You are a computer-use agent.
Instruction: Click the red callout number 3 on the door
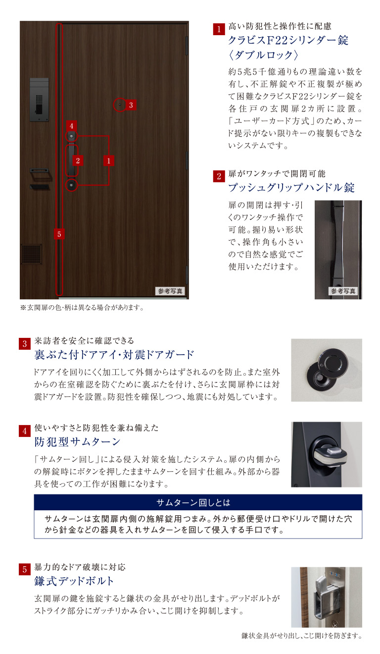click(x=130, y=105)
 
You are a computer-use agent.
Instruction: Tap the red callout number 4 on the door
click(x=71, y=126)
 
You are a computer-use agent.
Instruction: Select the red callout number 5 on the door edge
click(x=59, y=234)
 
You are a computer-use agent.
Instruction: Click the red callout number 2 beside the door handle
click(x=78, y=160)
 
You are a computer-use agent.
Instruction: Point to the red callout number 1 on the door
click(x=109, y=160)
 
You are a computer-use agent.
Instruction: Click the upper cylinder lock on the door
click(x=72, y=136)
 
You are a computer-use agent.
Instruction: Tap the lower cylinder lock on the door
click(x=72, y=185)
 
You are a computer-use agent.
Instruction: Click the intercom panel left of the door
click(x=39, y=99)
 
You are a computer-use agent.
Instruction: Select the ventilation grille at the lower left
click(x=31, y=254)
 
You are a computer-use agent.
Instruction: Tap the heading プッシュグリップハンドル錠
click(x=291, y=188)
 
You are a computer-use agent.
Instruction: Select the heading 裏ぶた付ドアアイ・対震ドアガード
click(x=114, y=355)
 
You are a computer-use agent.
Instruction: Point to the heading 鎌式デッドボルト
click(x=74, y=581)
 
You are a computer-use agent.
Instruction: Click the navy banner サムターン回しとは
click(x=198, y=502)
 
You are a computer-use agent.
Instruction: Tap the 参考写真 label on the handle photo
click(x=343, y=291)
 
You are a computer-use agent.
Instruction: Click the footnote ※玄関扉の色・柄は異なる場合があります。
click(x=82, y=308)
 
